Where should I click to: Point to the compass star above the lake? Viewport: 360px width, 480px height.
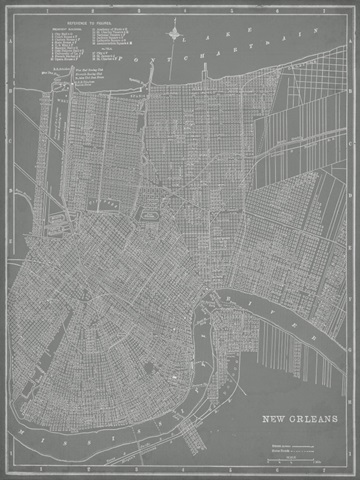click(176, 36)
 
